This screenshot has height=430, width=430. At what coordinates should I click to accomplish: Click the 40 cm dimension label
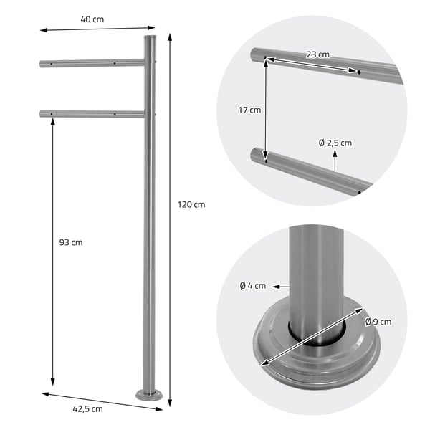pos(92,19)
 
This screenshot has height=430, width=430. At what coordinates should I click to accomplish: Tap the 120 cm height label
pos(191,204)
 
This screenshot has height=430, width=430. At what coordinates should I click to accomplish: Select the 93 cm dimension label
pos(71,242)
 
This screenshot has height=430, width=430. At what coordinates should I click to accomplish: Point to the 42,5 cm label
pos(87,409)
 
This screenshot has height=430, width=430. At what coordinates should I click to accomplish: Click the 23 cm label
pos(317,54)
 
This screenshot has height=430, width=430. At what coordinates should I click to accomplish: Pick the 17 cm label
pos(249,110)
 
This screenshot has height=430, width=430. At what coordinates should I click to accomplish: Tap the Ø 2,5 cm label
pos(335,143)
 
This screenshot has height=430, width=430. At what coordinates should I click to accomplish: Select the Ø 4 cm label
pos(252,286)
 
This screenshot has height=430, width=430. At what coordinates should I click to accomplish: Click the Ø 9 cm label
pos(378,322)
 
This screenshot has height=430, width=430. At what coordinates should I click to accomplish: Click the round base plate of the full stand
pos(149,395)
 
